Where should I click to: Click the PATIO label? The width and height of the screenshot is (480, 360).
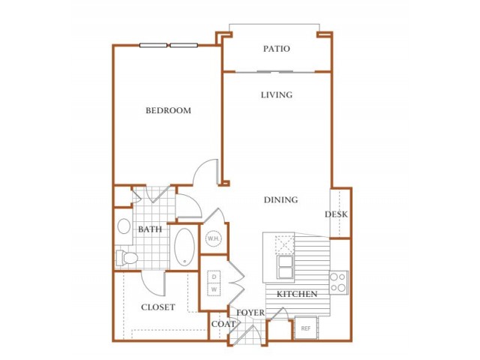coord(277,49)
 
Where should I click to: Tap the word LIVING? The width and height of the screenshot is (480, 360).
coord(277,95)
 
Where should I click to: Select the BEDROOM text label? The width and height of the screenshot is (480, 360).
coord(168,110)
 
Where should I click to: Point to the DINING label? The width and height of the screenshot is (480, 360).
coord(280,200)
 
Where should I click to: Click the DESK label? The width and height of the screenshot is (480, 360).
coord(336,214)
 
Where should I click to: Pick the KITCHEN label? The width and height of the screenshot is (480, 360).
coord(297,294)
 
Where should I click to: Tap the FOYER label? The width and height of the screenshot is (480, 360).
coord(250,313)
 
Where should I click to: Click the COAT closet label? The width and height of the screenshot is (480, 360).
coord(223,324)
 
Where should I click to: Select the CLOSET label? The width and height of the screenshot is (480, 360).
coord(158,307)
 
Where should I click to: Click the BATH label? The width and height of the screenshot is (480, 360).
coord(150,229)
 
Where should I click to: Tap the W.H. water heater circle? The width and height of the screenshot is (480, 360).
coord(214,238)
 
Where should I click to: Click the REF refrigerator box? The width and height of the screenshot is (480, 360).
coord(305,328)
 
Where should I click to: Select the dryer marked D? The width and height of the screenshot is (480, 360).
coord(214,277)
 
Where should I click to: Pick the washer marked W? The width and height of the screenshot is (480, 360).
coord(214,289)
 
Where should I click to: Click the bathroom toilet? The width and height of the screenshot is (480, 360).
coord(127,258)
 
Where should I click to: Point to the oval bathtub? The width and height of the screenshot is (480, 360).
coord(184,247)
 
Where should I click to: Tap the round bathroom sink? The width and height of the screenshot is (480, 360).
coord(124,226)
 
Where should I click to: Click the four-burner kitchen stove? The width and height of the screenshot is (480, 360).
coord(338,283)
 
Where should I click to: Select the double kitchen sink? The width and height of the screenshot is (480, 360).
coord(285,267)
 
